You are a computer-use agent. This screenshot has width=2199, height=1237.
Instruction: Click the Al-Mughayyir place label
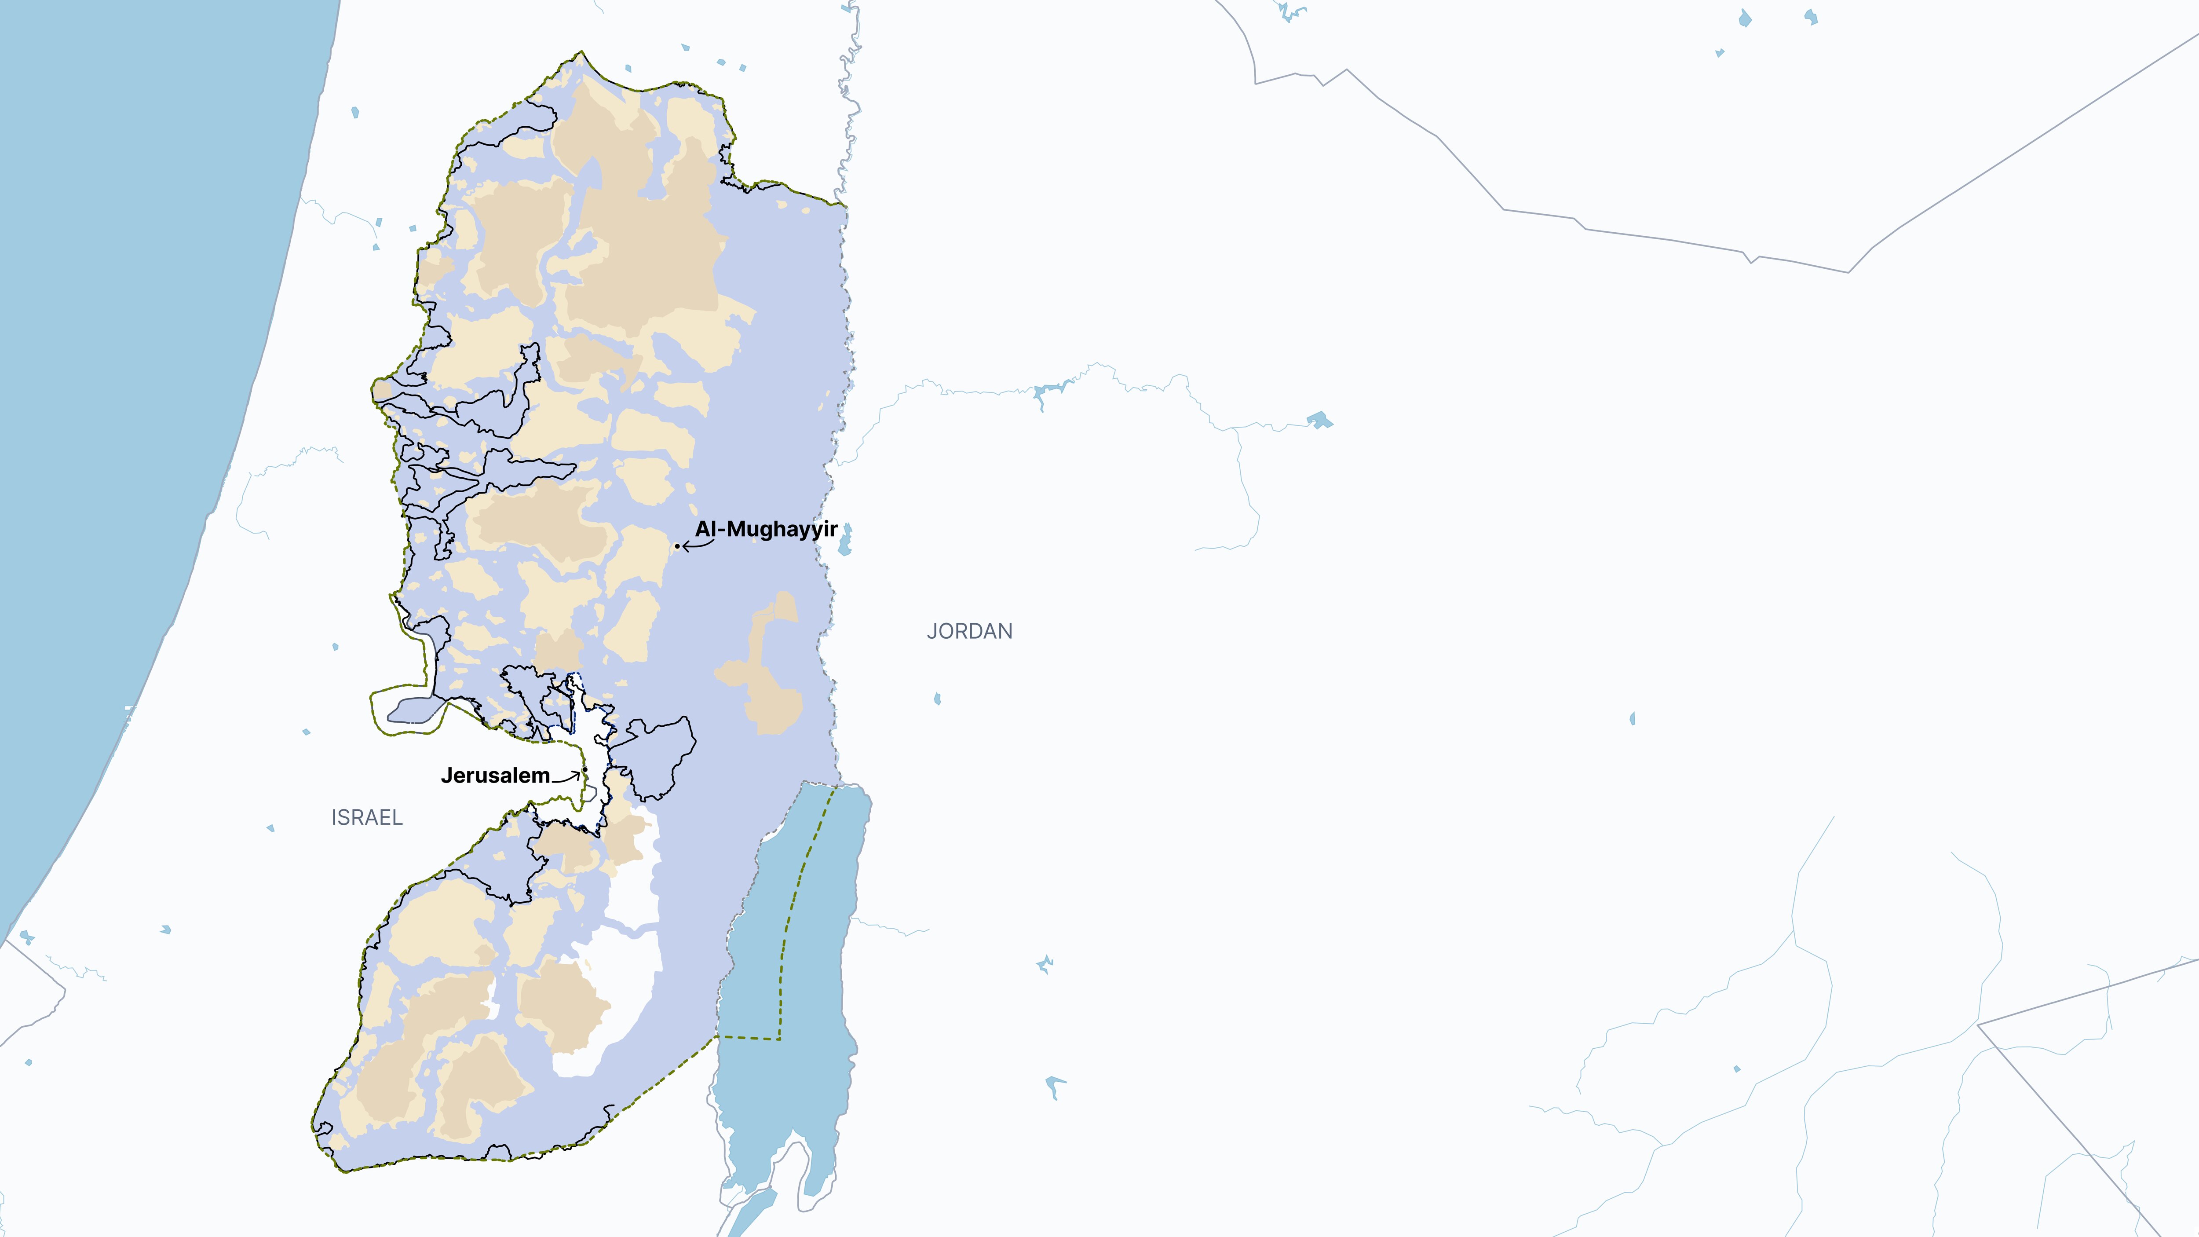[766, 529]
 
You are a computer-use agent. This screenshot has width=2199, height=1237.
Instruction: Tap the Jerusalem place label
[495, 775]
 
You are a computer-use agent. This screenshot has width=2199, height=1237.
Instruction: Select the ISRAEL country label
[367, 817]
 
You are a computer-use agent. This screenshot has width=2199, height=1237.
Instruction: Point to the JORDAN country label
[970, 631]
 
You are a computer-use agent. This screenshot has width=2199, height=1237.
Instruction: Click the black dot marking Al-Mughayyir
[677, 545]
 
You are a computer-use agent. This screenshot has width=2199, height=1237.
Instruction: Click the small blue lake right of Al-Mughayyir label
[845, 542]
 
